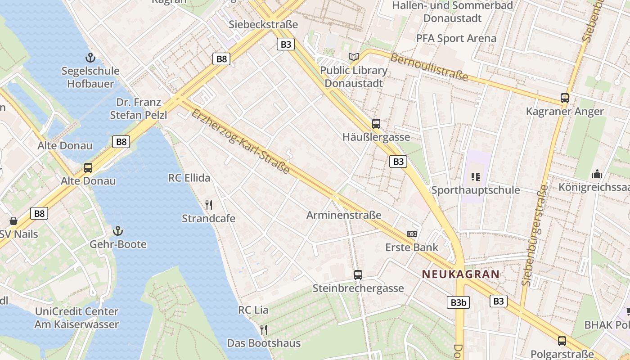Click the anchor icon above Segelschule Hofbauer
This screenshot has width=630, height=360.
click(x=90, y=58)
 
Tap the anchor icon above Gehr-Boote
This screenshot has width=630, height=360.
click(x=118, y=231)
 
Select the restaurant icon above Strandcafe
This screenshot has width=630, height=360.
click(x=209, y=206)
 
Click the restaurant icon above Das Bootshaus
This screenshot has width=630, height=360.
click(x=264, y=330)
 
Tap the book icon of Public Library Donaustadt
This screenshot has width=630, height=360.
click(x=354, y=57)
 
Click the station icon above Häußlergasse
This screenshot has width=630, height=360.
click(x=376, y=124)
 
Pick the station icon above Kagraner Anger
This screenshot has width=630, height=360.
click(x=564, y=98)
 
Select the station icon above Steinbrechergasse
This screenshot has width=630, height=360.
click(x=358, y=275)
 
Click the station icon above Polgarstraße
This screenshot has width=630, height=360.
click(x=562, y=341)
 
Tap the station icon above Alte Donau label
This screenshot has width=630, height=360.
click(x=88, y=168)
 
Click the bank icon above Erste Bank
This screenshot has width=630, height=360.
click(x=411, y=234)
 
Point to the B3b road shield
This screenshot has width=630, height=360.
click(x=458, y=302)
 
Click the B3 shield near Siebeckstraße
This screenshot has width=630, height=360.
click(x=286, y=44)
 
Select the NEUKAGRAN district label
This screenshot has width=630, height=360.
click(x=460, y=274)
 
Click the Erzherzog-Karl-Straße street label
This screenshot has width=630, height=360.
click(x=240, y=141)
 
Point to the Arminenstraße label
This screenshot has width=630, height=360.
click(x=344, y=215)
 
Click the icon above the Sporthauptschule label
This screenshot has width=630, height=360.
click(x=476, y=177)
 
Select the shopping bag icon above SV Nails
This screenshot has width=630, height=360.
click(x=13, y=221)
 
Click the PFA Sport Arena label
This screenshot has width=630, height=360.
click(x=456, y=38)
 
